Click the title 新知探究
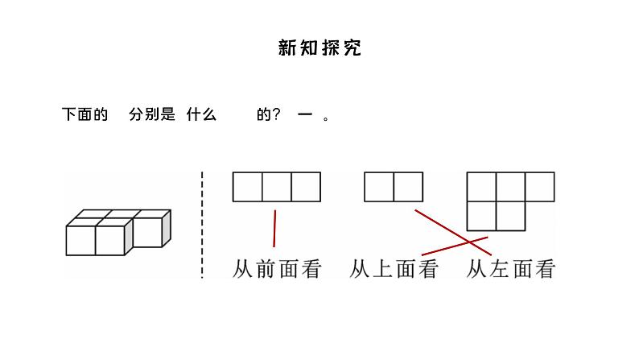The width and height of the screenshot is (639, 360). pyautogui.click(x=319, y=48)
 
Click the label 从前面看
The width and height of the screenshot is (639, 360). pyautogui.click(x=276, y=269)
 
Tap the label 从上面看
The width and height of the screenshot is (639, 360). pyautogui.click(x=394, y=269)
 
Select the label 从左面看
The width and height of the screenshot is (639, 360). pyautogui.click(x=511, y=269)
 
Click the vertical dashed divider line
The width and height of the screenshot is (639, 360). pyautogui.click(x=201, y=226)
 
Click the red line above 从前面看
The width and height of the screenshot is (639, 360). pyautogui.click(x=274, y=228)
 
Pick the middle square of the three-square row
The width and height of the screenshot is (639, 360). pyautogui.click(x=277, y=187)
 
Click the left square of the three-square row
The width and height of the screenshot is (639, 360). pyautogui.click(x=248, y=187)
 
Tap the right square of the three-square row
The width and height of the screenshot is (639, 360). pyautogui.click(x=306, y=187)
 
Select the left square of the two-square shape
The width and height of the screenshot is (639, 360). pyautogui.click(x=379, y=187)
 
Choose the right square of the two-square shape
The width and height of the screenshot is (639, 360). pyautogui.click(x=408, y=187)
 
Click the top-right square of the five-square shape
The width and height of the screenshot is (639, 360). pyautogui.click(x=539, y=187)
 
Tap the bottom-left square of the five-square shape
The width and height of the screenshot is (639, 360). pyautogui.click(x=481, y=215)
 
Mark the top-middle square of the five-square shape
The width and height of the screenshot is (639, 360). pyautogui.click(x=510, y=187)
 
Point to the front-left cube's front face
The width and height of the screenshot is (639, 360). pyautogui.click(x=80, y=241)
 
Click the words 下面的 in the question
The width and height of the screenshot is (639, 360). pyautogui.click(x=85, y=115)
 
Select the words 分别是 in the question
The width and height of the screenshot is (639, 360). pyautogui.click(x=152, y=115)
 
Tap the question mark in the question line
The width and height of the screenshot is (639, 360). pyautogui.click(x=277, y=115)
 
